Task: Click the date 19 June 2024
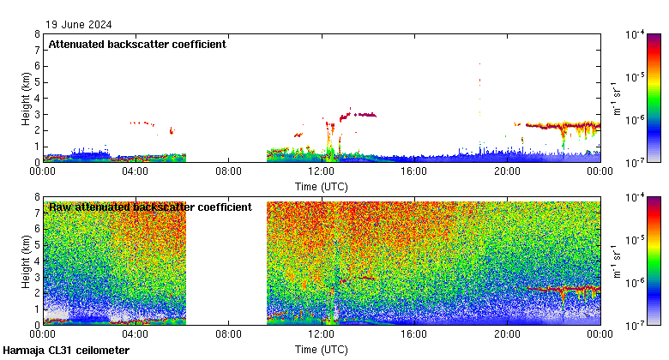79,25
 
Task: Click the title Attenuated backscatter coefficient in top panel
137,44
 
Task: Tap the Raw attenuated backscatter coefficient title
150,207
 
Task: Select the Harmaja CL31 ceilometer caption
66,351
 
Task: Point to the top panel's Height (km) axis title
26,98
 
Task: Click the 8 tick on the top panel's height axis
37,34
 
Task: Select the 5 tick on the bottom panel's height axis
37,245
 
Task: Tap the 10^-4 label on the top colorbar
636,35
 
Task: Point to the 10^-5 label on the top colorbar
636,77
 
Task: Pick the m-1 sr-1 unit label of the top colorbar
617,98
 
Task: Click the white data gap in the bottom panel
226,261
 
